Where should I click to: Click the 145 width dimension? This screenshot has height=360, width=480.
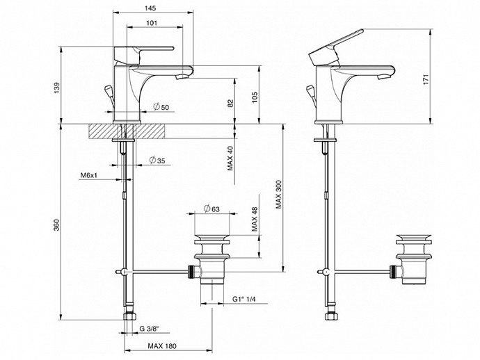(150, 8)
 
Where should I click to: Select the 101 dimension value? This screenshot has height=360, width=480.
(152, 23)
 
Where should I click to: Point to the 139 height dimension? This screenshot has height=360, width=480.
(58, 88)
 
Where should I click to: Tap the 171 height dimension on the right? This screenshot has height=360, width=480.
(426, 79)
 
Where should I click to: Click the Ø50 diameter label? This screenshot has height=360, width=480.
(161, 107)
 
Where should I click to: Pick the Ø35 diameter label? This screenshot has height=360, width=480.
(157, 160)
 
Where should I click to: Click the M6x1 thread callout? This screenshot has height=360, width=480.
(89, 175)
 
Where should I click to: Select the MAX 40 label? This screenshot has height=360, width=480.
(230, 158)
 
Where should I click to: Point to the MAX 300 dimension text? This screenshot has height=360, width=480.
(278, 194)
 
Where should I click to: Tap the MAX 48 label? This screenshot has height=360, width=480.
(255, 219)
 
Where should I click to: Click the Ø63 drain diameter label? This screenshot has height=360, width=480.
(211, 209)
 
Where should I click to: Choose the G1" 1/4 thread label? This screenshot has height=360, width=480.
(243, 299)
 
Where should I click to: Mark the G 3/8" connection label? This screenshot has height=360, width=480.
(150, 329)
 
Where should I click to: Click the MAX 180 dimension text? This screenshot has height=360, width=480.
(162, 346)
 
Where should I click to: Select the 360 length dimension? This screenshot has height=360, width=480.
(56, 224)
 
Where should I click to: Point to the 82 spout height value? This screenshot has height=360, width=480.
(230, 104)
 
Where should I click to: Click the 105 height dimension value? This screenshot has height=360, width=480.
(255, 97)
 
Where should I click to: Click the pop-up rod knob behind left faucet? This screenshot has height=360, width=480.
(108, 91)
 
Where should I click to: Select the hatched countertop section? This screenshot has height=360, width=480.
(127, 131)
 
